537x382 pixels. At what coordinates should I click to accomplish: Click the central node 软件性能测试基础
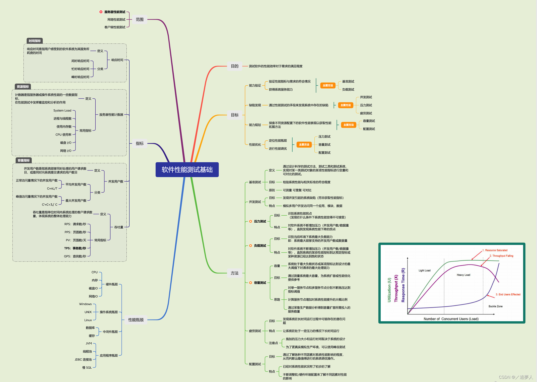187,170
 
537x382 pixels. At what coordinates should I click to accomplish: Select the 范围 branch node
140,20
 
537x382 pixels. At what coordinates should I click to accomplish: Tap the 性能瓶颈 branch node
136,320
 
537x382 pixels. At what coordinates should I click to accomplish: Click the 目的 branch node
235,66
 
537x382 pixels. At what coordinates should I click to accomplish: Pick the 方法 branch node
235,273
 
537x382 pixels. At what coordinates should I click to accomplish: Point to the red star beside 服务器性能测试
101,12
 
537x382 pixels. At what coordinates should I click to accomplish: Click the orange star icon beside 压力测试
250,221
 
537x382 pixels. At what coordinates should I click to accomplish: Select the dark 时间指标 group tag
35,41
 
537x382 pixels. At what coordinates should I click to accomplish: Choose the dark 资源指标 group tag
23,87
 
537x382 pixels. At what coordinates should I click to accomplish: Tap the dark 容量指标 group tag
24,160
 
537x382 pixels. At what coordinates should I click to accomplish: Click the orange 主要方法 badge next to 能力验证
328,86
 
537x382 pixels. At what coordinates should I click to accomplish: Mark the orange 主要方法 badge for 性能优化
304,145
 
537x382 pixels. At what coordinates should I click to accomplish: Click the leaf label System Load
62,110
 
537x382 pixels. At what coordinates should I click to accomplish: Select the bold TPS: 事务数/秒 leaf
75,248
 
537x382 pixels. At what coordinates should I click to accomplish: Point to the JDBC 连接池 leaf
83,359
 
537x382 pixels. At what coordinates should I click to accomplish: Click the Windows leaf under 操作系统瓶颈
85,304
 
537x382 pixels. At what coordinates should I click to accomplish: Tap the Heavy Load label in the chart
463,275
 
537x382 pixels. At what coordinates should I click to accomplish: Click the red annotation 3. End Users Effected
508,294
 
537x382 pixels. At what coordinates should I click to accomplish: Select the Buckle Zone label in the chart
495,306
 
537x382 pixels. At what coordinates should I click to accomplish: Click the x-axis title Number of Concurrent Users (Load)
451,319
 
